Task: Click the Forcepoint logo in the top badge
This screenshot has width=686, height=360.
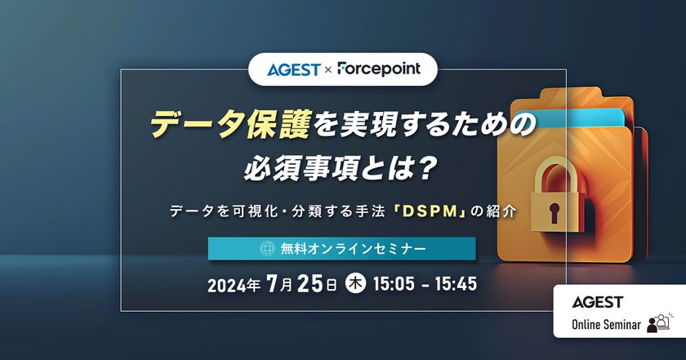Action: tap(377, 69)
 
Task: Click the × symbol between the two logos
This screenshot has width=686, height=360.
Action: tap(328, 70)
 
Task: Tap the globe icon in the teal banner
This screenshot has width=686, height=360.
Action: tap(265, 248)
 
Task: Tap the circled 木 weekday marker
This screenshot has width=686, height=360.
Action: tap(356, 286)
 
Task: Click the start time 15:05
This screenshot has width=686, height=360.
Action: tap(394, 286)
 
